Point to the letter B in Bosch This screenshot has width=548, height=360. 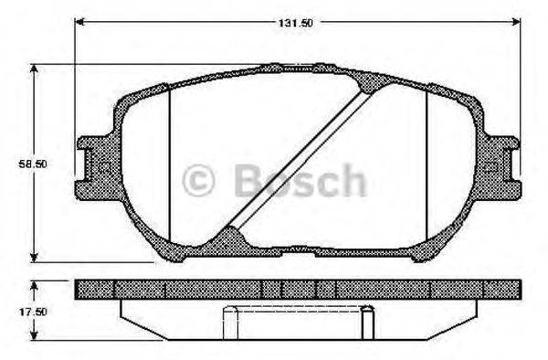click(248, 180)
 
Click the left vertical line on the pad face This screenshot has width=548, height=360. click(170, 164)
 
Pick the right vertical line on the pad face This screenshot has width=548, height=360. click(427, 164)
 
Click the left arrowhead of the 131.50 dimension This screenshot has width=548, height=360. click(79, 21)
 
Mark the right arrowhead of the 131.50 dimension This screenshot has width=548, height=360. click(516, 21)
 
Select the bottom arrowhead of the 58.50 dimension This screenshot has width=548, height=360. click(36, 258)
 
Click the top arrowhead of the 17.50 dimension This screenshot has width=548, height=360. click(36, 284)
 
